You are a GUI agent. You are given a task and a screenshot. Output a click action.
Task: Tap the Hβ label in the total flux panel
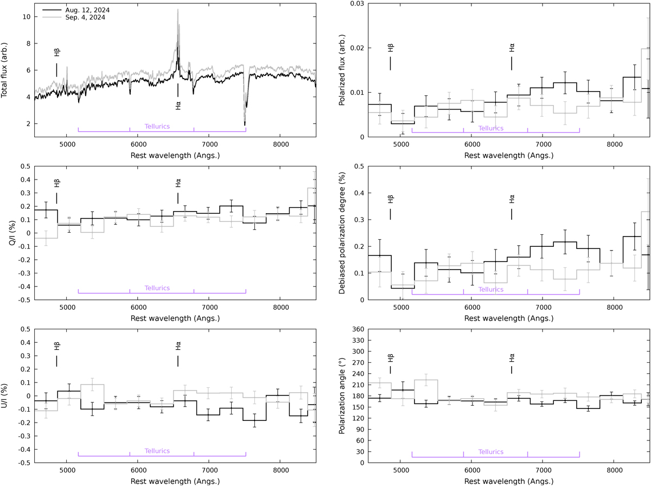point(57,53)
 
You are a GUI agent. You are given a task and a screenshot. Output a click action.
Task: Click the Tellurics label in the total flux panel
point(157,126)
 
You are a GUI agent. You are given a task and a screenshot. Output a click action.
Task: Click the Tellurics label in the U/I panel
point(157,451)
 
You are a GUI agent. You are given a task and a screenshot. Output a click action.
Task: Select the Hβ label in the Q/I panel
point(57,183)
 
